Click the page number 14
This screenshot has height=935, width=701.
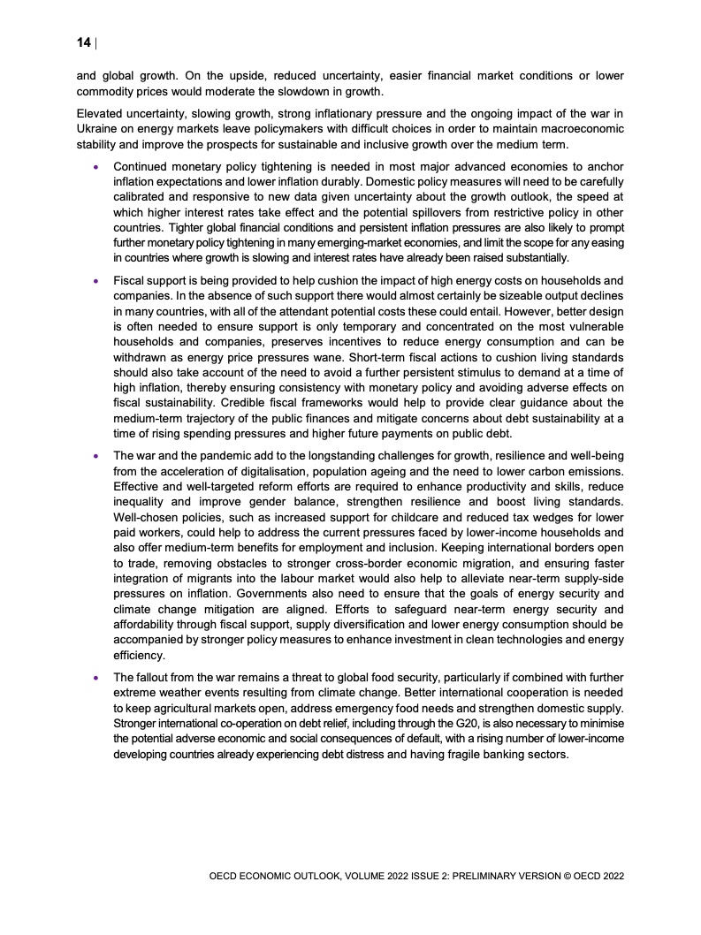[84, 42]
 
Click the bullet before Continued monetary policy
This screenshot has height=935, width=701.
[95, 165]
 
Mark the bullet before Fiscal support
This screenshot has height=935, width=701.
[95, 280]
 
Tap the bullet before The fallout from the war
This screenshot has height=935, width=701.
[95, 678]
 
